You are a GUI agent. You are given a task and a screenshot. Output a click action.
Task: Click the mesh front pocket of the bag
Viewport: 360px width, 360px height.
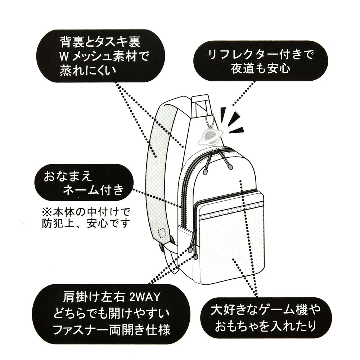230,252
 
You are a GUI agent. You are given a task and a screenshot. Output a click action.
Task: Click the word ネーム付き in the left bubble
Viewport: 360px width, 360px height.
93,190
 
